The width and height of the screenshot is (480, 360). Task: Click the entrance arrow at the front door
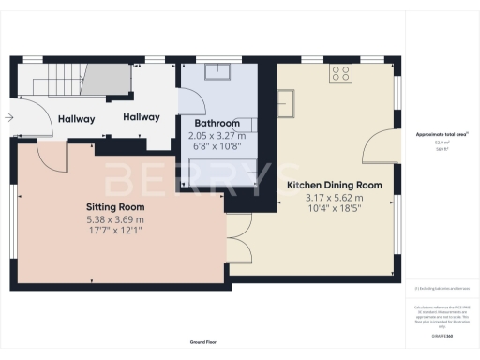click(x=8, y=118)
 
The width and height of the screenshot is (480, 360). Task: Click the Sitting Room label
click(x=114, y=207)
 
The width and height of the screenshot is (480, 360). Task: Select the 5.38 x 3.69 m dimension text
click(x=114, y=219)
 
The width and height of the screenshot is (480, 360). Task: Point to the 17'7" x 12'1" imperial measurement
click(x=114, y=231)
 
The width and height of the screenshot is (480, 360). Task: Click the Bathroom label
click(x=217, y=124)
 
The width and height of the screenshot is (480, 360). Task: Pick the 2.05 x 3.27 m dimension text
click(x=217, y=135)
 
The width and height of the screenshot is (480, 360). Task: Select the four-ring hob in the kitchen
click(x=340, y=72)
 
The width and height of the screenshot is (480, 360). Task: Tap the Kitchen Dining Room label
click(x=334, y=185)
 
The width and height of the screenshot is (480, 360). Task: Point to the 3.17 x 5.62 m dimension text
click(x=334, y=198)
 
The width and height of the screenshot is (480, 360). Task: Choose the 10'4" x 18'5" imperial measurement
click(x=334, y=209)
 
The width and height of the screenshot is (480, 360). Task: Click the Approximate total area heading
click(x=442, y=135)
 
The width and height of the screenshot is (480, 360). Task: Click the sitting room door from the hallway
click(x=55, y=156)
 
